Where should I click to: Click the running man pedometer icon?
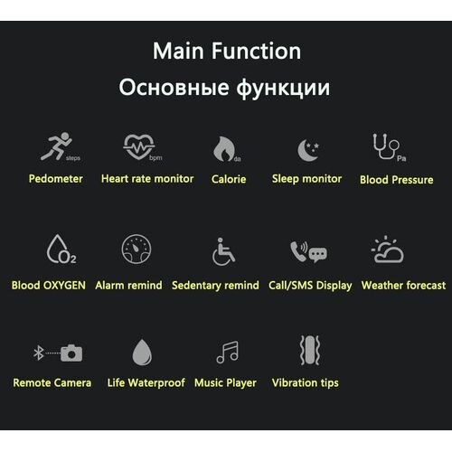pos(57,146)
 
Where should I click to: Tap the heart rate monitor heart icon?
pos(139,146)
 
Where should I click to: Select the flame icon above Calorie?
pos(223,149)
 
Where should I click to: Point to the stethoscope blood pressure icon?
pos(386,146)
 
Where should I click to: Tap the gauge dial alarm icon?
pos(137,249)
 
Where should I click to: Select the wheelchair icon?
pos(223,252)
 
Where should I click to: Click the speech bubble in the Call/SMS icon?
pos(317,255)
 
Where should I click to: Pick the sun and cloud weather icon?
pos(388,250)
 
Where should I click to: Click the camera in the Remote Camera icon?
pos(71,353)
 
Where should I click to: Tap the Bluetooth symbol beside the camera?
pos(39,353)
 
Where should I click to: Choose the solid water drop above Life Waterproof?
pos(142,353)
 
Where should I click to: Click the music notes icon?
pos(228,352)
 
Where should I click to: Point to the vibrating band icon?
pos(310,350)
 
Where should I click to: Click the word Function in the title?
pos(256,51)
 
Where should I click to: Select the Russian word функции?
pos(283,88)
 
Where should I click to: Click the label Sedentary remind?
pos(215,285)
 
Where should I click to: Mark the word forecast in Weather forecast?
pos(426,285)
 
